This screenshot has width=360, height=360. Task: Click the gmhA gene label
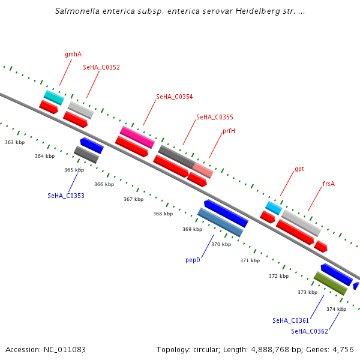(x=73, y=54)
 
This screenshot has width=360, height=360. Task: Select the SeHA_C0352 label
(x=101, y=67)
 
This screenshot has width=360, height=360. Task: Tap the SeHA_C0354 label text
(x=175, y=97)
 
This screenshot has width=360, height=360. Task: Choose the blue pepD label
(x=193, y=260)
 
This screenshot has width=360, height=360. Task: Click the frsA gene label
(x=329, y=184)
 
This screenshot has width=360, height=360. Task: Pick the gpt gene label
(x=299, y=169)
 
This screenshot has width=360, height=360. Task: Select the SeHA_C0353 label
(x=66, y=196)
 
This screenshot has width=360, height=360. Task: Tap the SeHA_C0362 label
(x=310, y=331)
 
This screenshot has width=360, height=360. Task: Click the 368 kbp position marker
(x=163, y=214)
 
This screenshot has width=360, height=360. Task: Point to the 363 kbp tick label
(x=14, y=142)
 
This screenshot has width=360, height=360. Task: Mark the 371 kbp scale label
(x=250, y=260)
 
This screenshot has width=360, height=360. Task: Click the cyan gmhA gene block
(x=54, y=97)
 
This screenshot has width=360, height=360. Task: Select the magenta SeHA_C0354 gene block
(x=137, y=137)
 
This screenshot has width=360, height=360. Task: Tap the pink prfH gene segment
(x=203, y=170)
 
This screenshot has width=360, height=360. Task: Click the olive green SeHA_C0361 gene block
(x=331, y=283)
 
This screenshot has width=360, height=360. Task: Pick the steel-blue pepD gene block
(x=220, y=222)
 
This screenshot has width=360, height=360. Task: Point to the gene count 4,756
(x=343, y=349)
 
